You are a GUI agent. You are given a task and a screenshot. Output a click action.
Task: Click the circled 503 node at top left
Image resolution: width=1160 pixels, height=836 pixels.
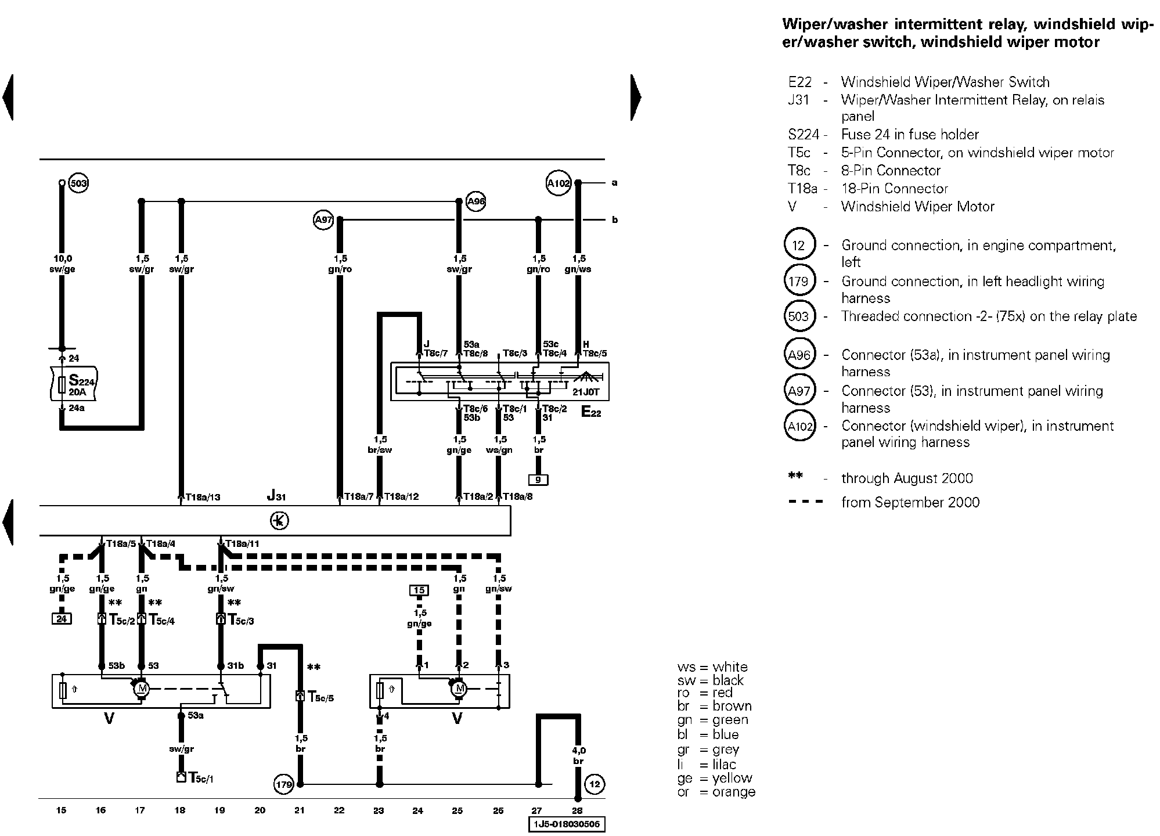[78, 184]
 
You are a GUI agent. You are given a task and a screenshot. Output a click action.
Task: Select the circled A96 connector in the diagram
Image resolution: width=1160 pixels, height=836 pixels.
[476, 202]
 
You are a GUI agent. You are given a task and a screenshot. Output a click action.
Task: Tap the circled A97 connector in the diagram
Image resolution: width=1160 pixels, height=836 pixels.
[323, 220]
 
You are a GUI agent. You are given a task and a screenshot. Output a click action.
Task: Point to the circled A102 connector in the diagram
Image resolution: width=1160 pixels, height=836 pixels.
[559, 183]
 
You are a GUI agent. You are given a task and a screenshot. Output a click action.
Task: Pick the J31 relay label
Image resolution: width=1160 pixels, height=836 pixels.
[276, 496]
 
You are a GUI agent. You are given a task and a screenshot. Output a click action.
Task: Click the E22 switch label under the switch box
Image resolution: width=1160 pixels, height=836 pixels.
[591, 412]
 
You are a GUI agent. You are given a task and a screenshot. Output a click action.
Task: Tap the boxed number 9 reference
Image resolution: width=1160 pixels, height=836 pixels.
[538, 480]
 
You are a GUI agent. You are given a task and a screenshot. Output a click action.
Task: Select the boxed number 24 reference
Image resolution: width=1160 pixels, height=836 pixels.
[62, 619]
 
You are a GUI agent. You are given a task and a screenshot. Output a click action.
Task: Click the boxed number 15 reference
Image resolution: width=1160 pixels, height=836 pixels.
[419, 590]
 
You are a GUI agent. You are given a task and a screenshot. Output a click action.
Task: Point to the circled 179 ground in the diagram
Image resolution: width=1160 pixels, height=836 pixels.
[284, 785]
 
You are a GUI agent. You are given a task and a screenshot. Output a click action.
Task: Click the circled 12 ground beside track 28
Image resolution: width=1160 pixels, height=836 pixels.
[595, 784]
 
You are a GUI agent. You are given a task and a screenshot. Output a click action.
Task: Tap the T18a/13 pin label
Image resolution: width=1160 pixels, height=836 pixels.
[203, 497]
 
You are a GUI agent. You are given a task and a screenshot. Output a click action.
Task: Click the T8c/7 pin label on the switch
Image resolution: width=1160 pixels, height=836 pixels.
[436, 353]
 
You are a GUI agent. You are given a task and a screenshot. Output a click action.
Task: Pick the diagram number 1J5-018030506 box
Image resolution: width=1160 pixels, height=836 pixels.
[567, 824]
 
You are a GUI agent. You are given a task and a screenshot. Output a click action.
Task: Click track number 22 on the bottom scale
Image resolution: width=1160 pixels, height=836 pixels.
[339, 810]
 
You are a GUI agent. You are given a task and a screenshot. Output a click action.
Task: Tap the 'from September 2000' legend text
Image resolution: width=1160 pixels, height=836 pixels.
[910, 502]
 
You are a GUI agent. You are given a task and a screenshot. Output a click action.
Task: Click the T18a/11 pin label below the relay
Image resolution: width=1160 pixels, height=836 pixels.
[242, 544]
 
